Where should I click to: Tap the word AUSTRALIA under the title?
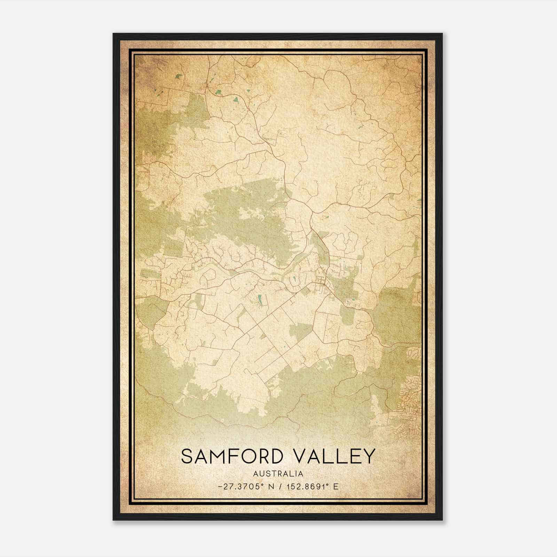point(278,474)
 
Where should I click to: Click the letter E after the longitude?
point(336,487)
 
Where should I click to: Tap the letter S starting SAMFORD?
point(187,456)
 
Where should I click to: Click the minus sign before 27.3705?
point(219,487)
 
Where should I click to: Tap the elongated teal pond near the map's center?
point(259,298)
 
